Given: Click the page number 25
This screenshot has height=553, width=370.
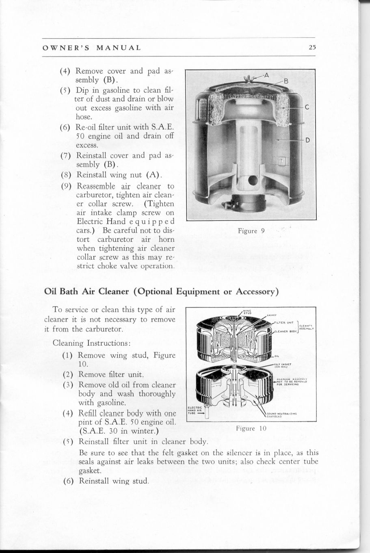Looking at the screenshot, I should (312, 47).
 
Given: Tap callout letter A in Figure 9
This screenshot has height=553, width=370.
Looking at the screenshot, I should (266, 75).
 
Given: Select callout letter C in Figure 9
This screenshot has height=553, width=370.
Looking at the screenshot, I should (307, 107).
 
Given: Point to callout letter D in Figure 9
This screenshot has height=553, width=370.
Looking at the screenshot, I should (307, 140).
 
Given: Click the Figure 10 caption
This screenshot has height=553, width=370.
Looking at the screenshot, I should (251, 428).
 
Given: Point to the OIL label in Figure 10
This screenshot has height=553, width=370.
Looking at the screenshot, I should (277, 356).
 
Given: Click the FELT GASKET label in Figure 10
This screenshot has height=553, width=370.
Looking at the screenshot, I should (281, 364).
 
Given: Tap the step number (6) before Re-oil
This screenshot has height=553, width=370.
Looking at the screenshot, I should (66, 126).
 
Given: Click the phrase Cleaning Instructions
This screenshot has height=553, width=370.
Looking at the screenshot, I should (91, 343).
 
